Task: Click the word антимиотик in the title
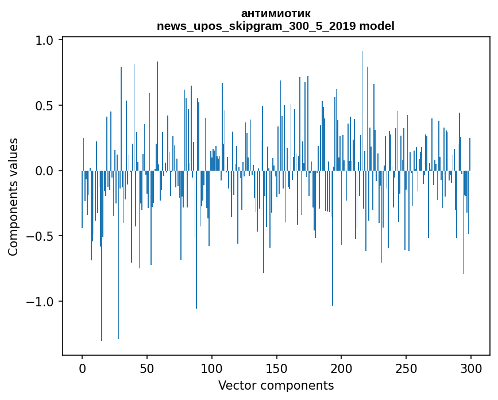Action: pos(276,13)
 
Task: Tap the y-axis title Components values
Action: pos(13,197)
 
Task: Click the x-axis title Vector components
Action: pos(276,386)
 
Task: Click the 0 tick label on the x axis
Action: pos(82,368)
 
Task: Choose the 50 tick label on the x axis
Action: pos(147,368)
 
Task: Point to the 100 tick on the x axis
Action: pos(212,368)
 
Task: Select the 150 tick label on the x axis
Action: pos(277,368)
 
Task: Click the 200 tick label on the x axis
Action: pos(342,368)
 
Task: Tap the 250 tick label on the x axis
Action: pos(407,368)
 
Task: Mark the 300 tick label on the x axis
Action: pos(471,368)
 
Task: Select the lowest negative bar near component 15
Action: pos(102,259)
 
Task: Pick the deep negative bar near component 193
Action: pos(333,241)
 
